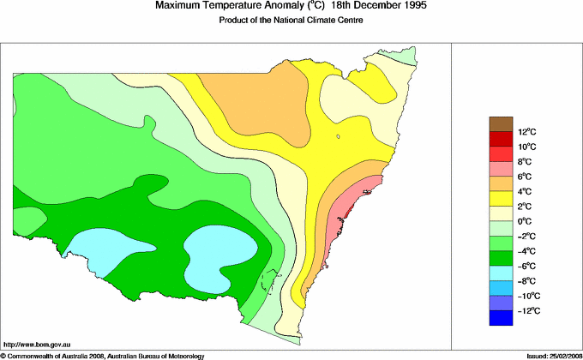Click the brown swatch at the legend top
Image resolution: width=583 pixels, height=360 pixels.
pyautogui.click(x=502, y=123)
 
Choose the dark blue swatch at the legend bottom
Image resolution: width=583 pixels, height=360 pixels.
pyautogui.click(x=502, y=318)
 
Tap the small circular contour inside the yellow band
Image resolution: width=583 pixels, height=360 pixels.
pyautogui.click(x=338, y=136)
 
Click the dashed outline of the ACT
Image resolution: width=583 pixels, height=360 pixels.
pyautogui.click(x=271, y=281)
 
